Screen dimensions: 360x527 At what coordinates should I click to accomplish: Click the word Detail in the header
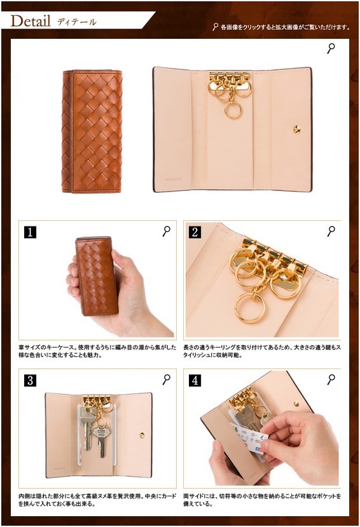[x=31, y=21]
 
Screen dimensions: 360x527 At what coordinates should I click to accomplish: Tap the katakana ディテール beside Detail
[x=77, y=22]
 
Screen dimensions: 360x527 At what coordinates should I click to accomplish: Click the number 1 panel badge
[x=31, y=232]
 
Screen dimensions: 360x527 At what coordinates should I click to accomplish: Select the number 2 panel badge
[x=195, y=232]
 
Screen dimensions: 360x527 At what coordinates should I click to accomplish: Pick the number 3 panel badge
[x=31, y=381]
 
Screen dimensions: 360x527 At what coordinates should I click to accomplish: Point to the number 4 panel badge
[x=195, y=381]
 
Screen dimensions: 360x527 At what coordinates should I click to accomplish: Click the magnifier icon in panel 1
[x=166, y=231]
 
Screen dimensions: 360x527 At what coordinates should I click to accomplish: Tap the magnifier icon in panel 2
[x=331, y=231]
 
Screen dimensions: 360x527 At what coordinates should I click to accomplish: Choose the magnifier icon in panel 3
[x=166, y=379]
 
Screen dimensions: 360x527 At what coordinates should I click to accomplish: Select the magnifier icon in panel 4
[x=331, y=379]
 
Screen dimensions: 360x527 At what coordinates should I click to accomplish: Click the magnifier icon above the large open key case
[x=331, y=48]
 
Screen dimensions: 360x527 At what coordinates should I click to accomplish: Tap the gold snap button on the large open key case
[x=296, y=129]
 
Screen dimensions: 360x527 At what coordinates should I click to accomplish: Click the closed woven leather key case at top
[x=92, y=131]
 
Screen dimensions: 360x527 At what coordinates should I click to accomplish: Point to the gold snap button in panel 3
[x=142, y=435]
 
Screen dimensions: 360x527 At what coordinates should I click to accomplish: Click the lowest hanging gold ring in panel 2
[x=249, y=308]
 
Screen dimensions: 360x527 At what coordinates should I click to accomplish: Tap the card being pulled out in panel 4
[x=249, y=438]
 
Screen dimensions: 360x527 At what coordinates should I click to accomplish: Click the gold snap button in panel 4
[x=296, y=404]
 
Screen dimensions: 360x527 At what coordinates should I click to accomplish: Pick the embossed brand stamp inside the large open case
[x=173, y=179]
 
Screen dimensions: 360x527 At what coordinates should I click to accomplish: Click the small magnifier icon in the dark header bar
[x=215, y=27]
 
